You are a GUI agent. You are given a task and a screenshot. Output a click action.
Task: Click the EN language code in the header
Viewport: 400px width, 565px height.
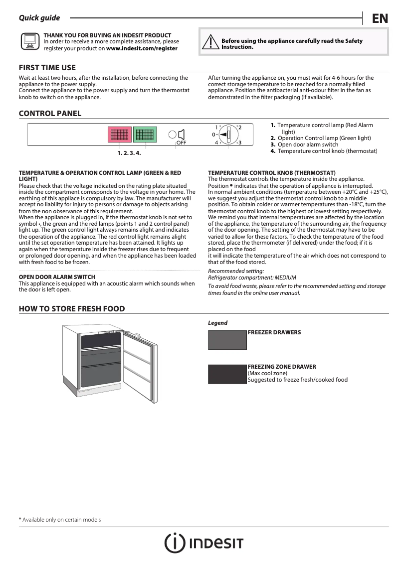380,18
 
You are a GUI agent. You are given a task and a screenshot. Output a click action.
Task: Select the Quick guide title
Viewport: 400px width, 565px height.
39,18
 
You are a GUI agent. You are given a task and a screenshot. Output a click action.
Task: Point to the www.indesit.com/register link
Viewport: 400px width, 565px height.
142,48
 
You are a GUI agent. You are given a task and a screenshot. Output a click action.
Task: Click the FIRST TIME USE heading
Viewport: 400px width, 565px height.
47,68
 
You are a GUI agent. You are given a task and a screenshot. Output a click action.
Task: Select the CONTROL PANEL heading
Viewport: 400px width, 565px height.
50,114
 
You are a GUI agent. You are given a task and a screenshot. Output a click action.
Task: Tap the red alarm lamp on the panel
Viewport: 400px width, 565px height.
120,135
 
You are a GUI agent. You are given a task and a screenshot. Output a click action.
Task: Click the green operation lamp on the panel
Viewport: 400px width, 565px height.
145,135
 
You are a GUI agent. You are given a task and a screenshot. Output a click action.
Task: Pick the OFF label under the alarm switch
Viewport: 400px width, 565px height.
181,142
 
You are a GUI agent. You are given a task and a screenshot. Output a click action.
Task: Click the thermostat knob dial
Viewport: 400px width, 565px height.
228,135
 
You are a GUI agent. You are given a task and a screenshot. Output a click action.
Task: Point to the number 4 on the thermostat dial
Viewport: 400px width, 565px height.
216,142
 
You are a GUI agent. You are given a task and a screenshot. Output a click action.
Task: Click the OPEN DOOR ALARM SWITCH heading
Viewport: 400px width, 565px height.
57,277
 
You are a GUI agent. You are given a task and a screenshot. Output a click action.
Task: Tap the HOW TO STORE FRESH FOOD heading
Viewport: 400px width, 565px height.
72,309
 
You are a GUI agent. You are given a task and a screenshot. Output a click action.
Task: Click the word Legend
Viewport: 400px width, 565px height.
217,323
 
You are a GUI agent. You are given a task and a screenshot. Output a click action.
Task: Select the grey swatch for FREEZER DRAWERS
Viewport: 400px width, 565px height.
227,340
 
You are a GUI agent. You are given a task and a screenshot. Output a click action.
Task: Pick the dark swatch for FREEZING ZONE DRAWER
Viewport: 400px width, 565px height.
227,374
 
